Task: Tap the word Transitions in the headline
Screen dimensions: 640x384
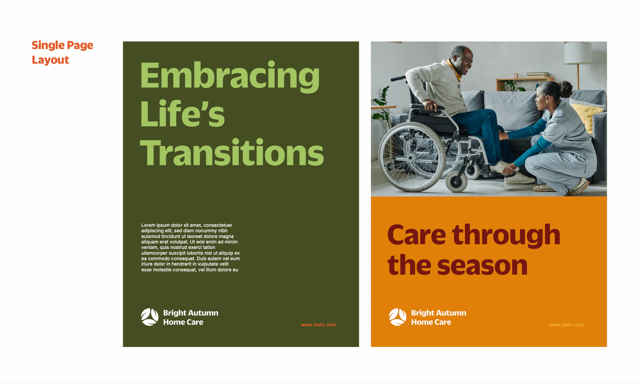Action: [x=232, y=152]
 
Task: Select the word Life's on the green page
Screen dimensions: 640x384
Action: [x=182, y=113]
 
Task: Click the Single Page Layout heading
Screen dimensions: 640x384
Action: [x=62, y=52]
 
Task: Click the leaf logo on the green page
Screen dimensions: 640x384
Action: [x=150, y=317]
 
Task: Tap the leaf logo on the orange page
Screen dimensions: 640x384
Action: [x=398, y=317]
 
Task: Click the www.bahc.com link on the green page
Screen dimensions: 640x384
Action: [x=318, y=324]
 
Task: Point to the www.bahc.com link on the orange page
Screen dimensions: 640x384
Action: [x=566, y=324]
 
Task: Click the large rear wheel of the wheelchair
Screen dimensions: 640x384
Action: [x=412, y=157]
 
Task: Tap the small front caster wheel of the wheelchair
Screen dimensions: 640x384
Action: [x=456, y=182]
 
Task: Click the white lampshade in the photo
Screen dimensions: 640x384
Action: [x=578, y=53]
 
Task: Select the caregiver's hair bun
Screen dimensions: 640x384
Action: [x=566, y=89]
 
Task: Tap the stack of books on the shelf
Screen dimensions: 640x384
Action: [x=537, y=75]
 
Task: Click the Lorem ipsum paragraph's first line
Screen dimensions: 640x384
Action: [x=186, y=225]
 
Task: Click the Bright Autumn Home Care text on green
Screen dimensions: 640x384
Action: [x=190, y=317]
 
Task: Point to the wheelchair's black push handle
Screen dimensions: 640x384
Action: [x=398, y=78]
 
